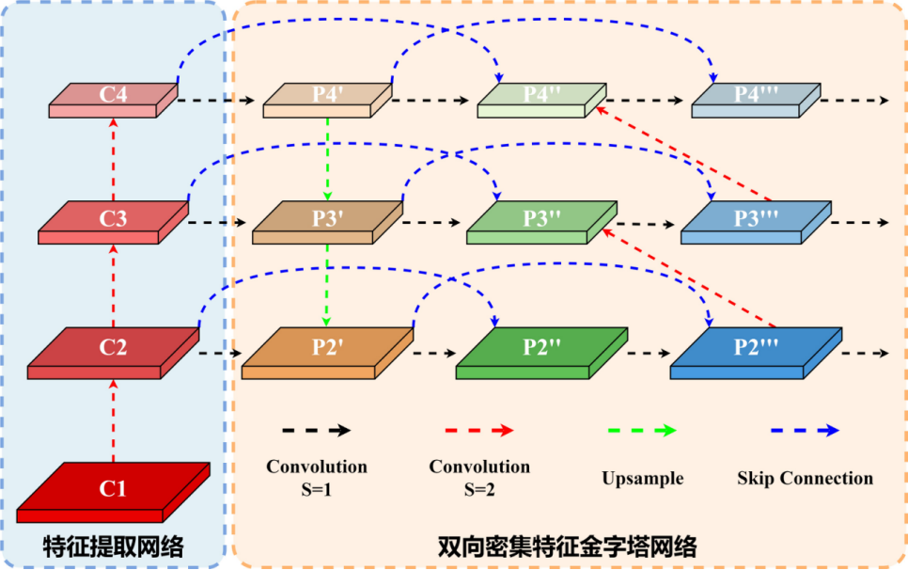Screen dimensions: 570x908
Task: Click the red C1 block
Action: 113,490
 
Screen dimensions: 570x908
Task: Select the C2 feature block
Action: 113,348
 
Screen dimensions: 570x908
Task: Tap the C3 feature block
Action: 113,220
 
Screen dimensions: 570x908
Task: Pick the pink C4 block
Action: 113,97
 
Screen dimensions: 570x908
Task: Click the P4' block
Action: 327,97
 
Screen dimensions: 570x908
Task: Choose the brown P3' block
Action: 327,220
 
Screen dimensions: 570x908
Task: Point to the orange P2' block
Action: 327,348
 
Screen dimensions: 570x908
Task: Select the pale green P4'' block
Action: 541,97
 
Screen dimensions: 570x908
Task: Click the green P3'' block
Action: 541,220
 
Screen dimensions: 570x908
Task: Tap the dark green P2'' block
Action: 541,348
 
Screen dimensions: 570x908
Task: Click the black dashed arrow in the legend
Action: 316,430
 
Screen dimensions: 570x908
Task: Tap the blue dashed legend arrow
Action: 805,430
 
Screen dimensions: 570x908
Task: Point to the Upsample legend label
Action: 643,478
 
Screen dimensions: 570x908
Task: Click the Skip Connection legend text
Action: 806,478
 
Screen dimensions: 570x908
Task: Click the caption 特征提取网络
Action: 113,546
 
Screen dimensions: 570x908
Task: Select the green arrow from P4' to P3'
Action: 327,156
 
